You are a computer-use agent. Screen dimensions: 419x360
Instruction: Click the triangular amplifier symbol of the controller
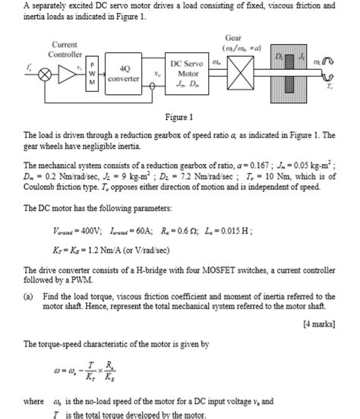[x=71, y=77]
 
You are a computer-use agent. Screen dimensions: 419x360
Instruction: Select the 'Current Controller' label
[x=65, y=50]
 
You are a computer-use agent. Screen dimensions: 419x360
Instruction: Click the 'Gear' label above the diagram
[x=233, y=37]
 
